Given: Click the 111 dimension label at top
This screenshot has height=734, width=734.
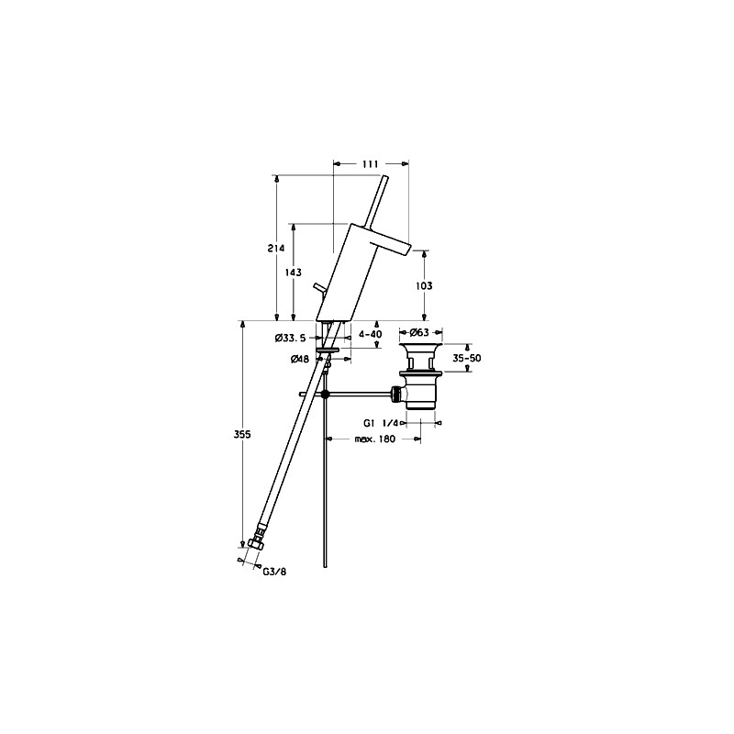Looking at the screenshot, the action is click(x=371, y=164).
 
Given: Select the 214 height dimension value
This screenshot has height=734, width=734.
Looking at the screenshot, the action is click(x=276, y=249).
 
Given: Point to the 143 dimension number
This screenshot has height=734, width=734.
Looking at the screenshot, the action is click(x=293, y=272).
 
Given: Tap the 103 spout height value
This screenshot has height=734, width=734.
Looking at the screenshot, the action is click(x=424, y=285).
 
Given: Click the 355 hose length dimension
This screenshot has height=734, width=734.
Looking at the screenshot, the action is click(x=242, y=434).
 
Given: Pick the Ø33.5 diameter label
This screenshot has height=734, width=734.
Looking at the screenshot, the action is click(x=290, y=338).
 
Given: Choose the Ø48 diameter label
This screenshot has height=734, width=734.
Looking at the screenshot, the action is click(x=300, y=359).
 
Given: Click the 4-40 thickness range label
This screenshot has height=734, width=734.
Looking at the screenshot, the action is click(x=371, y=334).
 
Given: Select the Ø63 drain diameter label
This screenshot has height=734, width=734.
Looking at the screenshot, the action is click(x=419, y=333).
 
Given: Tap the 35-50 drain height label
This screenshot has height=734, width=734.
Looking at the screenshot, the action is click(x=467, y=358).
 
